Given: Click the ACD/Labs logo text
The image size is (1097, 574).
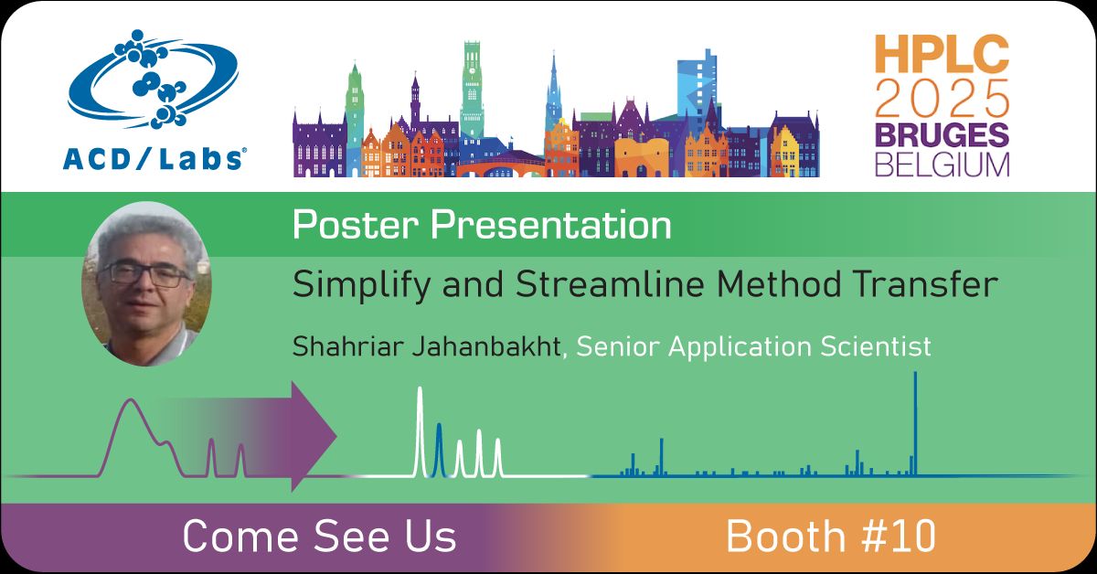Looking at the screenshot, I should pos(153,157).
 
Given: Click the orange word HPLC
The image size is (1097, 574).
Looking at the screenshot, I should pos(942,56).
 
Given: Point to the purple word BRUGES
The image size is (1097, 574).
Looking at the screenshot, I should pos(942,134).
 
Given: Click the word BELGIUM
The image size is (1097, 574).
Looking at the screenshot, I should pos(942,165).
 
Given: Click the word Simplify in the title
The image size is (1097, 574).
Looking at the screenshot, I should pos(352,286).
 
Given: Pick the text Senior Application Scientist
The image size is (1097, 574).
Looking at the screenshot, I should pos(753,346).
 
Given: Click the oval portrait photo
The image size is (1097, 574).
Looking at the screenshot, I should pos(147,283).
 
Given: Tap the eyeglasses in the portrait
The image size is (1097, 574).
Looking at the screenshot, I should pos(146,272).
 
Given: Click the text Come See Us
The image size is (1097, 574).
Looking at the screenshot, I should pos(319,537).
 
